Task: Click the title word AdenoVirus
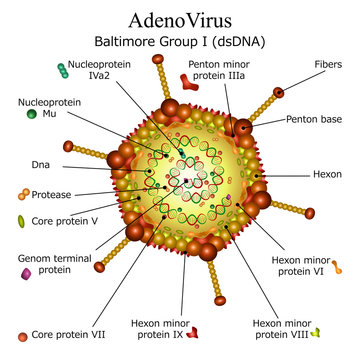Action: (180, 20)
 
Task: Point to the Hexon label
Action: (325, 174)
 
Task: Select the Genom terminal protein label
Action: (44, 264)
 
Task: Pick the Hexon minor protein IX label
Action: (160, 330)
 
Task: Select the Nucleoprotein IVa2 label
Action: (97, 69)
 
